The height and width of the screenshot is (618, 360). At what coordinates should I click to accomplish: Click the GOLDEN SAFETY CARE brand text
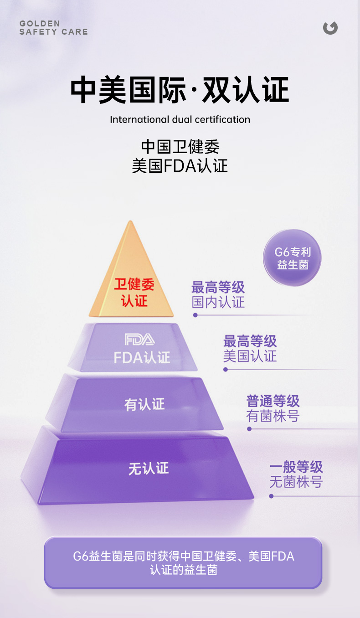pyautogui.click(x=53, y=28)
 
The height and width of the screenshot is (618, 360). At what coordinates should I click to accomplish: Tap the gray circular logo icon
pyautogui.click(x=330, y=28)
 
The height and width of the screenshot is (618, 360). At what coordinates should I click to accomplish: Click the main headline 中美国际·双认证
pyautogui.click(x=180, y=90)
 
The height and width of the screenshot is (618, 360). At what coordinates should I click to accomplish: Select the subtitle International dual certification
pyautogui.click(x=180, y=120)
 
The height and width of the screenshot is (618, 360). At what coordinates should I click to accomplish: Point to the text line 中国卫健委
pyautogui.click(x=180, y=147)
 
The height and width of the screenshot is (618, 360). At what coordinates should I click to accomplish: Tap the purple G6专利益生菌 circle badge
pyautogui.click(x=293, y=258)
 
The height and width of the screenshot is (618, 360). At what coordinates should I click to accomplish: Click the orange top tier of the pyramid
pyautogui.click(x=131, y=278)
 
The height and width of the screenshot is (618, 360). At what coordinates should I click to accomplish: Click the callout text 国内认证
pyautogui.click(x=218, y=302)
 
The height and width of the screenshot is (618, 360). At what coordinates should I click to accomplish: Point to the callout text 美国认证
pyautogui.click(x=250, y=356)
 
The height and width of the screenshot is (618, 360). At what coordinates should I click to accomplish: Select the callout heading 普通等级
pyautogui.click(x=273, y=401)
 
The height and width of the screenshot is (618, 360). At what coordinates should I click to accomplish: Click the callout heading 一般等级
pyautogui.click(x=296, y=467)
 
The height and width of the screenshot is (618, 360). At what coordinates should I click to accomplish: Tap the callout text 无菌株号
pyautogui.click(x=296, y=482)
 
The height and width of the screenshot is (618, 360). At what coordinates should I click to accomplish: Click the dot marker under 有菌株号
pyautogui.click(x=249, y=429)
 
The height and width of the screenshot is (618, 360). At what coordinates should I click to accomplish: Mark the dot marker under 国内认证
pyautogui.click(x=195, y=315)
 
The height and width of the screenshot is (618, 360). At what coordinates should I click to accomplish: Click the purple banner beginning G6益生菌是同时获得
pyautogui.click(x=183, y=562)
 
